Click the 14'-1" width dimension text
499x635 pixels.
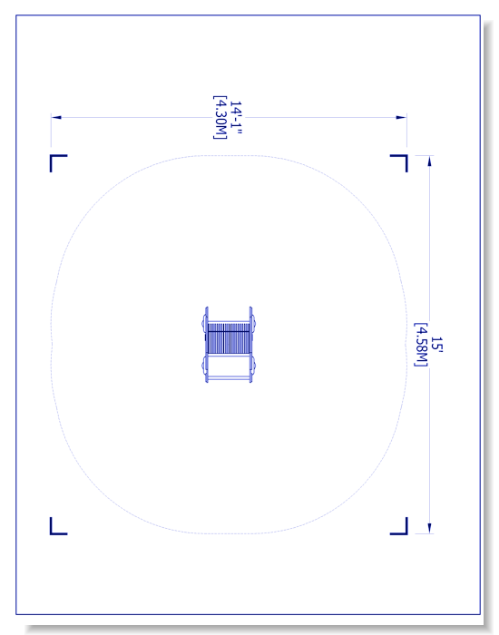click(x=236, y=117)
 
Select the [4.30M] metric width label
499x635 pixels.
click(x=220, y=117)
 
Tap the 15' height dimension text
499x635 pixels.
click(x=436, y=344)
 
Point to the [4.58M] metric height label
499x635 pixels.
click(x=421, y=344)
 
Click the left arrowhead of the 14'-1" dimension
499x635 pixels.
click(x=56, y=117)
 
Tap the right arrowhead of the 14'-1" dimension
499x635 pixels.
click(x=401, y=117)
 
